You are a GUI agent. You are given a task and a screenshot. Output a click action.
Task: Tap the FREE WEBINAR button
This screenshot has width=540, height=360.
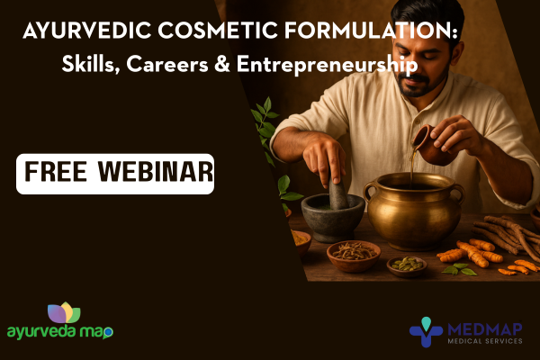point(115,173)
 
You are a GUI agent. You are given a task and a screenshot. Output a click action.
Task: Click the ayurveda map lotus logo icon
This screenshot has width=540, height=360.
point(63,313)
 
